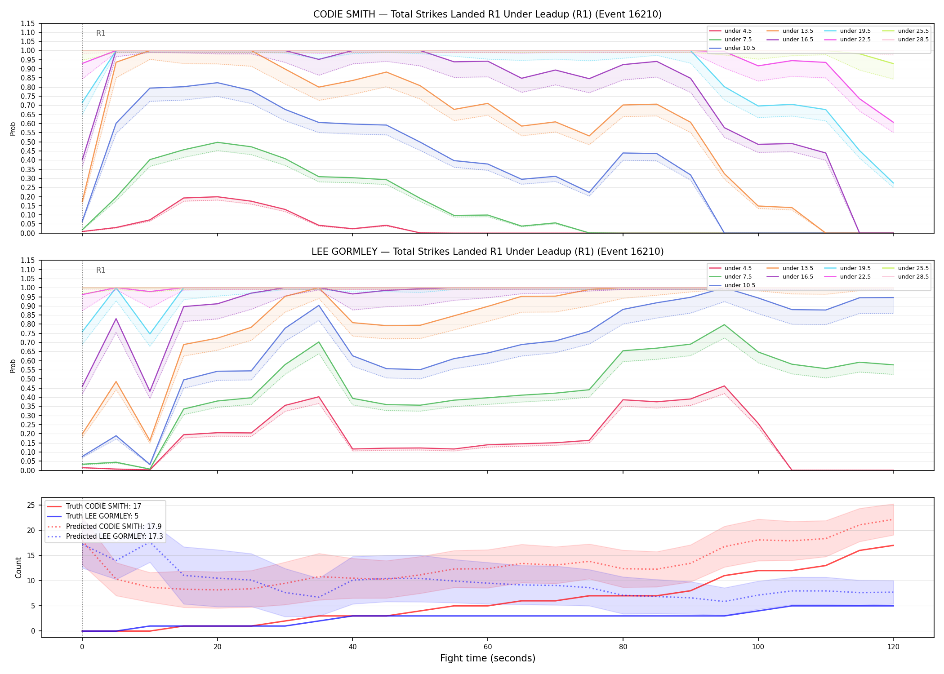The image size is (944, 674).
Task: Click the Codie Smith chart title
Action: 487,14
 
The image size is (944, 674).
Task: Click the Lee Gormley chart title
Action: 487,252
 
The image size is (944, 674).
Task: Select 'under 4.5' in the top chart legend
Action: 738,31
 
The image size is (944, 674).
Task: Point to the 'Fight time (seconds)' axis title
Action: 487,658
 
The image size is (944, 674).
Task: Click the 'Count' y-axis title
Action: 18,568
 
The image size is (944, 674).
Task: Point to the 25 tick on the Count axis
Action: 31,505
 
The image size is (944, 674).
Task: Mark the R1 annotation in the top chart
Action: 101,33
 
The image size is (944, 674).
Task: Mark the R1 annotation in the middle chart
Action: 101,270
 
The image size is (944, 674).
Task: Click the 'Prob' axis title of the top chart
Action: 13,129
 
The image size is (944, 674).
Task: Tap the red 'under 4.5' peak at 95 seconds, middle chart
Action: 724,386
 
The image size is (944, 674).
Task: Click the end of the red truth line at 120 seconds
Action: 893,545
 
